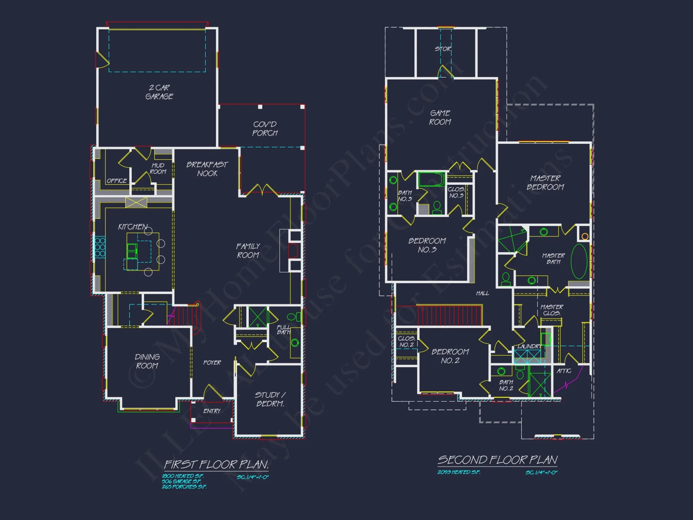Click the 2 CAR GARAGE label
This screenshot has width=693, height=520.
click(159, 92)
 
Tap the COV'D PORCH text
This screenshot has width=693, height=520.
click(265, 129)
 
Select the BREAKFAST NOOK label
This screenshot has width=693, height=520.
click(207, 169)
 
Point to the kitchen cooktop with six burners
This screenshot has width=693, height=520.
click(100, 247)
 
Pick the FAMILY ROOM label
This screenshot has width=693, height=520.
click(248, 251)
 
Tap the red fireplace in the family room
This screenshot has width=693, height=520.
click(293, 251)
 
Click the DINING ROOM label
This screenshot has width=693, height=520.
click(147, 361)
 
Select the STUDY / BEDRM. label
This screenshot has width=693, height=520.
click(270, 399)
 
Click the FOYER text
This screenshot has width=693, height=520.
click(212, 363)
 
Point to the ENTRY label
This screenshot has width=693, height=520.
click(212, 411)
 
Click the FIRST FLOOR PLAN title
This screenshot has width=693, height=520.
click(216, 465)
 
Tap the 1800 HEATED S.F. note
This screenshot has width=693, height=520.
click(183, 476)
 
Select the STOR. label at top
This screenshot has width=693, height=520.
click(443, 49)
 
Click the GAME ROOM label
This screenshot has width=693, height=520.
click(440, 118)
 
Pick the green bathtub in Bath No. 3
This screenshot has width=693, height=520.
click(431, 180)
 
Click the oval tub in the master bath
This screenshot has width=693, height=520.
click(579, 262)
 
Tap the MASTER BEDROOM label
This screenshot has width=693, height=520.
click(545, 183)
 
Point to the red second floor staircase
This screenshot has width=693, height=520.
click(449, 315)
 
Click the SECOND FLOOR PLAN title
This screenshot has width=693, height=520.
click(498, 460)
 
